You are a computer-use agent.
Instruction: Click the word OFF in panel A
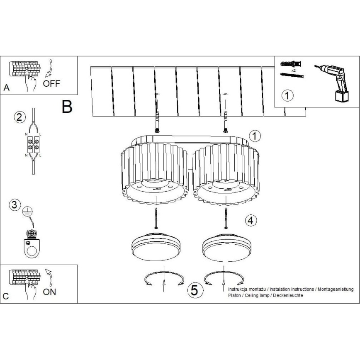coord(52,83)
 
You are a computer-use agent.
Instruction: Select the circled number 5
coord(195,290)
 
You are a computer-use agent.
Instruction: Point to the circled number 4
coord(250,220)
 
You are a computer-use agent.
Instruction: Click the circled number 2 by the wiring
coord(18,117)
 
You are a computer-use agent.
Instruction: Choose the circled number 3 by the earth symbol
coord(15,204)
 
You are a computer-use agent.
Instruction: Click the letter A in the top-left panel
coord(6,88)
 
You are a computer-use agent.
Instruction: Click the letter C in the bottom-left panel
coord(6,296)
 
